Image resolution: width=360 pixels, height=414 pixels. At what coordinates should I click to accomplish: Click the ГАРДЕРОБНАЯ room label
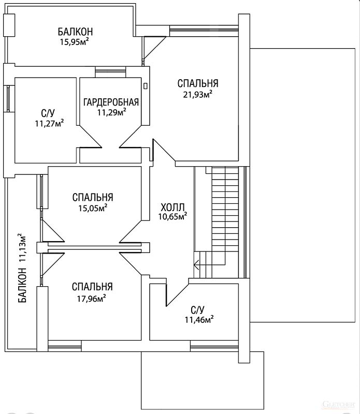[111, 102]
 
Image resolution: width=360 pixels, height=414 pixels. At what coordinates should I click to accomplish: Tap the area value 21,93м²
[198, 94]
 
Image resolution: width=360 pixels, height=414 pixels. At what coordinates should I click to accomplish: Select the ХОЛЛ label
[172, 206]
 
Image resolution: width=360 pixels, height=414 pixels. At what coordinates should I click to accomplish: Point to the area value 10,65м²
[172, 216]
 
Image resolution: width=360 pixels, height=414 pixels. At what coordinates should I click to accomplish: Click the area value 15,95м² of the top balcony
[74, 41]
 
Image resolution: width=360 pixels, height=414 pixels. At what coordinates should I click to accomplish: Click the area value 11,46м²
[199, 320]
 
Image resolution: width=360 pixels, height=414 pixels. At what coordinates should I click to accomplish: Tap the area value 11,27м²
[49, 123]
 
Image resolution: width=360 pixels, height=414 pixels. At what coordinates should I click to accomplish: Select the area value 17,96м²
[92, 299]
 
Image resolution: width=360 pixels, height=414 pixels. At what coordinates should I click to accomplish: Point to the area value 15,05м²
[93, 209]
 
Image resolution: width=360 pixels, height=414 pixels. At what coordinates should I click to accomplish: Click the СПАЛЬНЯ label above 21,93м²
[198, 83]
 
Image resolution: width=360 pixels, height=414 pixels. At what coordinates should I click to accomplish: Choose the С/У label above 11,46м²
[198, 309]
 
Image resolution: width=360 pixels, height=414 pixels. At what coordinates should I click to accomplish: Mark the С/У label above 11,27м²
[48, 113]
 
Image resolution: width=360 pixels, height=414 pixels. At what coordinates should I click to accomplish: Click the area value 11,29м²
[111, 112]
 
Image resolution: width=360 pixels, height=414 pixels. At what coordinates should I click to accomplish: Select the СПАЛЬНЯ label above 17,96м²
[92, 287]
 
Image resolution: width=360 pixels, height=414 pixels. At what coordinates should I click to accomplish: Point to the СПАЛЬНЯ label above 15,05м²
[93, 197]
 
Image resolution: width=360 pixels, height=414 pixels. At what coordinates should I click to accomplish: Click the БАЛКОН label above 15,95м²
[75, 32]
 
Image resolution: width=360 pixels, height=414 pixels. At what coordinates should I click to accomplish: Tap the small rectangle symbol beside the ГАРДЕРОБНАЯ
[146, 86]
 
